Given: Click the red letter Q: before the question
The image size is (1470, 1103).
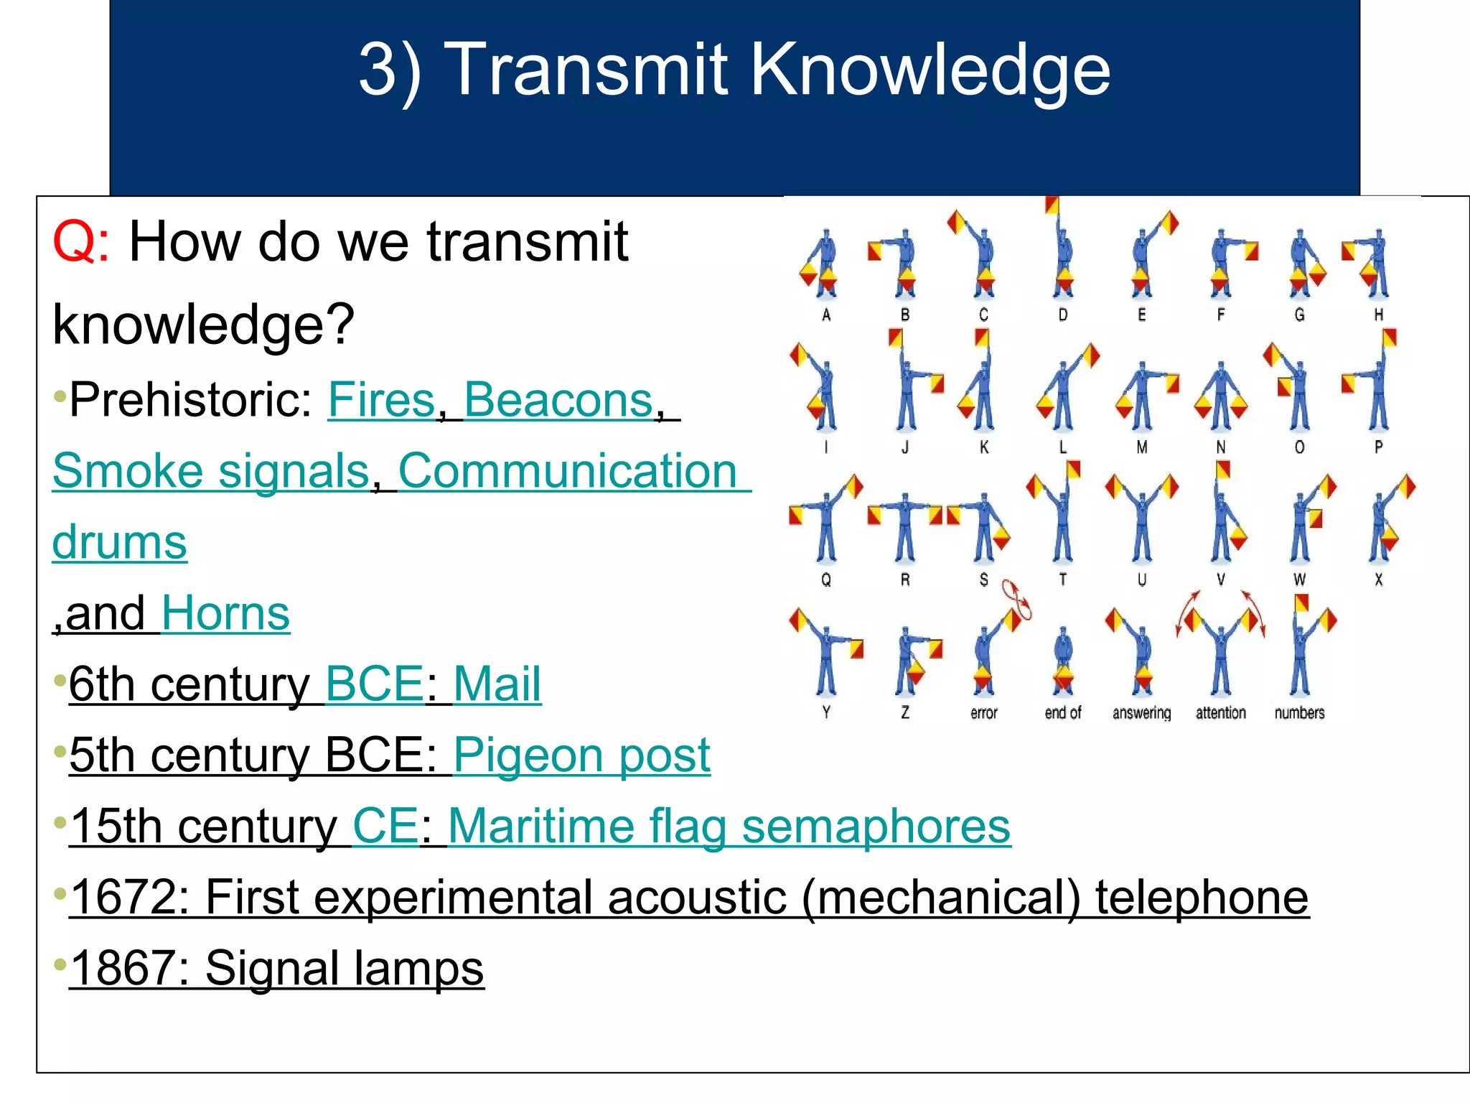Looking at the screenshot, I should (x=80, y=243).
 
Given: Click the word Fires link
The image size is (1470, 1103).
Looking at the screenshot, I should (x=381, y=400).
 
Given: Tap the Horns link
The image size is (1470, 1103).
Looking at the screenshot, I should (x=225, y=614).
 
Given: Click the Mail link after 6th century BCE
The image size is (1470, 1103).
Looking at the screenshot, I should (x=497, y=684).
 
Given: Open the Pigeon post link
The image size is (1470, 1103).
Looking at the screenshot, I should (x=581, y=755).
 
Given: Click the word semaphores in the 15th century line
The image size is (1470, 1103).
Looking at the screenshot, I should (x=876, y=827).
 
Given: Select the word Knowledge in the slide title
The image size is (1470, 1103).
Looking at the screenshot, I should (x=930, y=70).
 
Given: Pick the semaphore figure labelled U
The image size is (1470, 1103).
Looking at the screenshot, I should (x=1141, y=521).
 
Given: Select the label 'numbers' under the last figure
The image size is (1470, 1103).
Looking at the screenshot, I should (x=1299, y=713).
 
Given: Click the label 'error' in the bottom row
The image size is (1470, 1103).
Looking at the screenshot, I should (x=983, y=713).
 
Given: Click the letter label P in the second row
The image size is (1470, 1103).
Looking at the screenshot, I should (x=1378, y=447).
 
